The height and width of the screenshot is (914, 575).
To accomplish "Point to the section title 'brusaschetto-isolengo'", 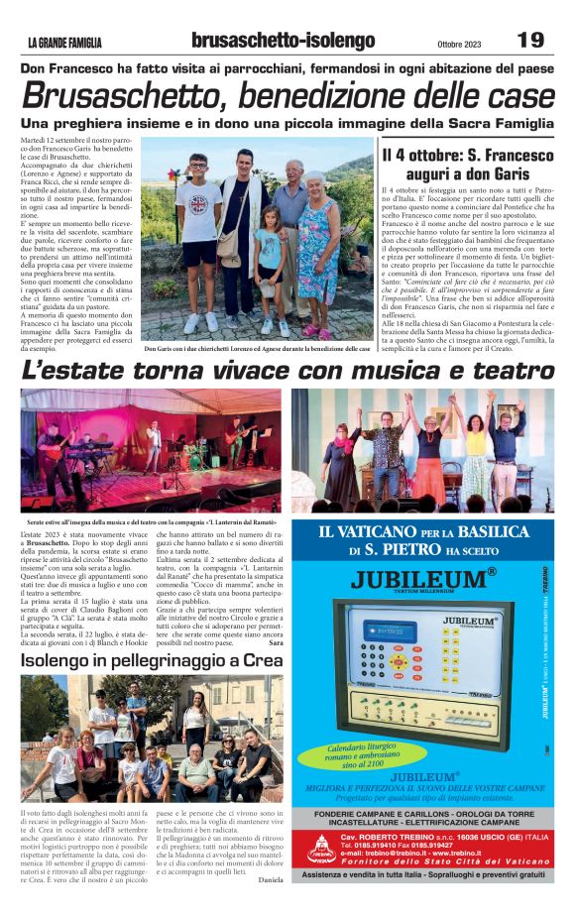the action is pos(283,41).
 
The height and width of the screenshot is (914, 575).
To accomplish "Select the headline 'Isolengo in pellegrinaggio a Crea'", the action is pos(149,659).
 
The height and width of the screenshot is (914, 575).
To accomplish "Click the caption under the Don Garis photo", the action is pos(257,349).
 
